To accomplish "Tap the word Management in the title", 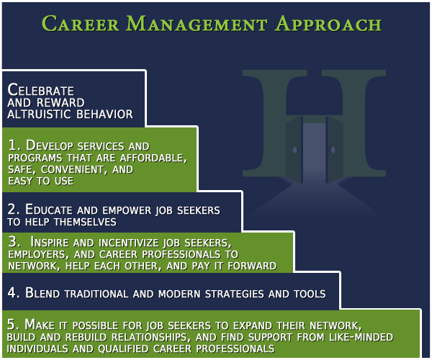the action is (x=197, y=24).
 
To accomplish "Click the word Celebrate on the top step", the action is (x=41, y=90).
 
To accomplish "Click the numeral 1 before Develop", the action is (x=13, y=145).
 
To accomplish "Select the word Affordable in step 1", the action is (x=152, y=158).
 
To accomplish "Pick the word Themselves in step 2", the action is (x=85, y=222).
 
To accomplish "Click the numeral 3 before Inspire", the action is (x=13, y=242).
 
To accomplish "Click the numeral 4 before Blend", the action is (x=13, y=292).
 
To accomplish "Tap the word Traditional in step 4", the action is (x=96, y=294).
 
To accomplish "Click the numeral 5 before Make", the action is (x=12, y=324).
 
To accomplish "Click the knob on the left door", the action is (x=295, y=150).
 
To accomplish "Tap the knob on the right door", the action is (x=333, y=150).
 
